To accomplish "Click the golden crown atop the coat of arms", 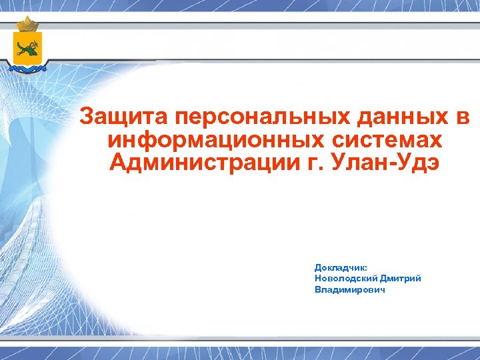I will pyautogui.click(x=28, y=25).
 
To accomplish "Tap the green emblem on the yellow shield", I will pyautogui.click(x=28, y=47).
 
